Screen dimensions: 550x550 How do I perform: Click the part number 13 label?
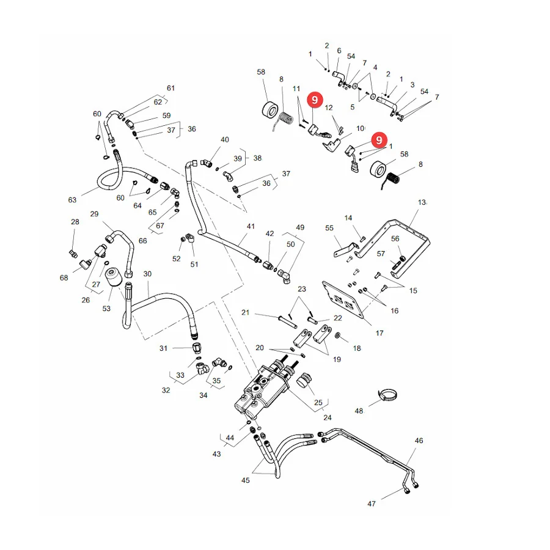[422, 202]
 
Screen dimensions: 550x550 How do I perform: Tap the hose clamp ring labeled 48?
[387, 395]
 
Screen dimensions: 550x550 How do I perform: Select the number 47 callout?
[372, 504]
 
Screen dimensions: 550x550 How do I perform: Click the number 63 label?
[72, 200]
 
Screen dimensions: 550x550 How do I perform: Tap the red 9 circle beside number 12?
[315, 100]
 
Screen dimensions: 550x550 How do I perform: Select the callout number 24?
[328, 417]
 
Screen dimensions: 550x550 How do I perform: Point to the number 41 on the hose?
[251, 226]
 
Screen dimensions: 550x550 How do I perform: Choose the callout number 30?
[147, 274]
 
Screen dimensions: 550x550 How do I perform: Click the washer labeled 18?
[338, 335]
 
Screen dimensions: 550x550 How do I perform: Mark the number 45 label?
[246, 480]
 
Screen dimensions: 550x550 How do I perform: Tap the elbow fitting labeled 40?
[207, 163]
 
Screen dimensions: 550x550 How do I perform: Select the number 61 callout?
[170, 88]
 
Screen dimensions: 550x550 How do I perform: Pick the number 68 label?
[64, 278]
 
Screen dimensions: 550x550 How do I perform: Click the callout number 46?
[419, 441]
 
